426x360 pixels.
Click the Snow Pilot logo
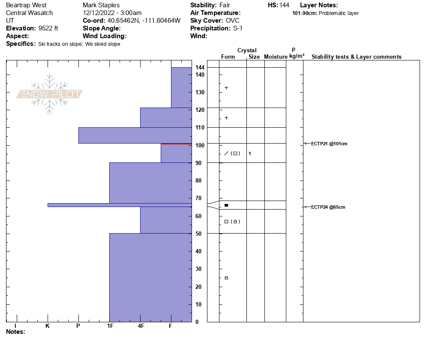tap(50, 94)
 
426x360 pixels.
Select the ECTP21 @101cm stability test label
tap(329, 144)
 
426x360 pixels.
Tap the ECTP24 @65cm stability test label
tap(328, 207)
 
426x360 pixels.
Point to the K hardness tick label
tap(47, 326)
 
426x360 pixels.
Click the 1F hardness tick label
tap(110, 326)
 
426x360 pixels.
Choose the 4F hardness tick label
tap(141, 326)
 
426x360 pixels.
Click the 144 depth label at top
tap(200, 68)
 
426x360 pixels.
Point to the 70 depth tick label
tap(198, 198)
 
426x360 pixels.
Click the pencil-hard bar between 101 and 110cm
tap(135, 135)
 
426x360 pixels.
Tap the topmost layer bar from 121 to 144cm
tap(181, 87)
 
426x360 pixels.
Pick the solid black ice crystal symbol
tap(226, 205)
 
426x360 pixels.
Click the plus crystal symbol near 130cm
tap(226, 88)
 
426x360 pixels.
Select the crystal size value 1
tap(250, 153)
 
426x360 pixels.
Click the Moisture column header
tap(276, 57)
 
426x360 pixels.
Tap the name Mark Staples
tap(101, 5)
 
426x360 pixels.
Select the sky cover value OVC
tap(233, 21)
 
